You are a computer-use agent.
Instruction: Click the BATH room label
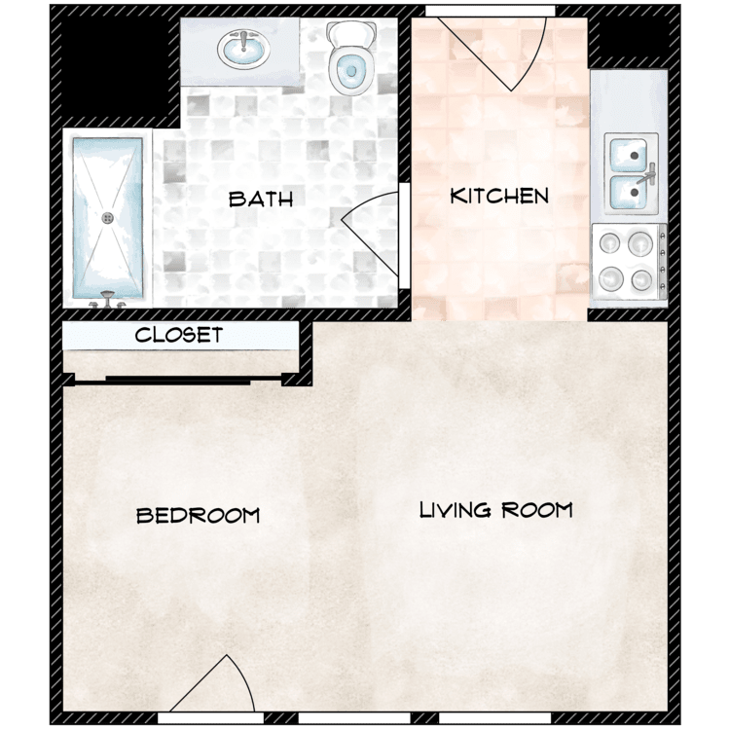pyautogui.click(x=260, y=200)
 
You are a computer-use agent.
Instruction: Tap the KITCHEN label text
pyautogui.click(x=499, y=196)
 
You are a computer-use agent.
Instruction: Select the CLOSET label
pyautogui.click(x=179, y=336)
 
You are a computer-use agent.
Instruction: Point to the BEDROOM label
pyautogui.click(x=199, y=515)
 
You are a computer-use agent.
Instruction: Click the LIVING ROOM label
pyautogui.click(x=495, y=510)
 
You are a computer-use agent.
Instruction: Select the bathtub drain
pyautogui.click(x=108, y=217)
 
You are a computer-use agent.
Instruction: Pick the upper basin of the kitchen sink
pyautogui.click(x=627, y=154)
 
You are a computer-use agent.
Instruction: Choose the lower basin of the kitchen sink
pyautogui.click(x=627, y=194)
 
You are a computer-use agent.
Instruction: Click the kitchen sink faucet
pyautogui.click(x=648, y=175)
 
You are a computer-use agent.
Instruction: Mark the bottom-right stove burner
pyautogui.click(x=641, y=281)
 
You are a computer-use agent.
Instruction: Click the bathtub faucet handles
pyautogui.click(x=106, y=303)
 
